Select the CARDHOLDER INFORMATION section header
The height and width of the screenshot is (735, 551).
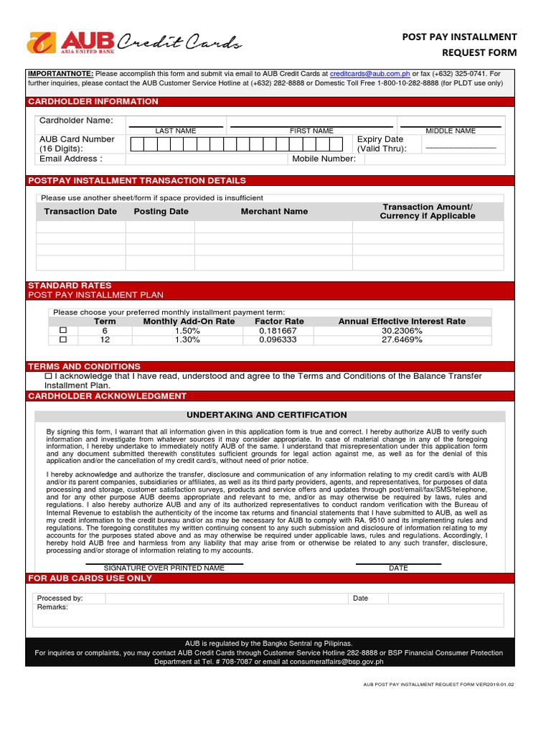pos(93,101)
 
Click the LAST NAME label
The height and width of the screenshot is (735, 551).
pos(176,131)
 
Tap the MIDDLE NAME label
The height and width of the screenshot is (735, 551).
pos(451,131)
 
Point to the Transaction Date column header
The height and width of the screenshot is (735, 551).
pos(80,212)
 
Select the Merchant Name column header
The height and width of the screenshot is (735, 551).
pos(274,212)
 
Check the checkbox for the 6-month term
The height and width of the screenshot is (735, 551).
pos(63,330)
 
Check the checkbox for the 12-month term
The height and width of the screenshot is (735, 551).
pos(63,340)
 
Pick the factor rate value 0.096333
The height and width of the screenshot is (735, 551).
pos(278,340)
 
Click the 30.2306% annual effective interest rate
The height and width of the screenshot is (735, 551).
pos(402,331)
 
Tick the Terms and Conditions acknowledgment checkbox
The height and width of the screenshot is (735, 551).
pos(48,376)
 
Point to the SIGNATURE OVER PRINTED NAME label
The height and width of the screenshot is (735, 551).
pos(164,568)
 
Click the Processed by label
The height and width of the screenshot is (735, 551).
pos(60,598)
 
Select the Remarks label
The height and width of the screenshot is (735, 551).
pos(52,607)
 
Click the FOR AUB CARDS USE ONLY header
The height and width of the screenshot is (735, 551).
pos(90,578)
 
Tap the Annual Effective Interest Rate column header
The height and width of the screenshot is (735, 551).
pos(402,322)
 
